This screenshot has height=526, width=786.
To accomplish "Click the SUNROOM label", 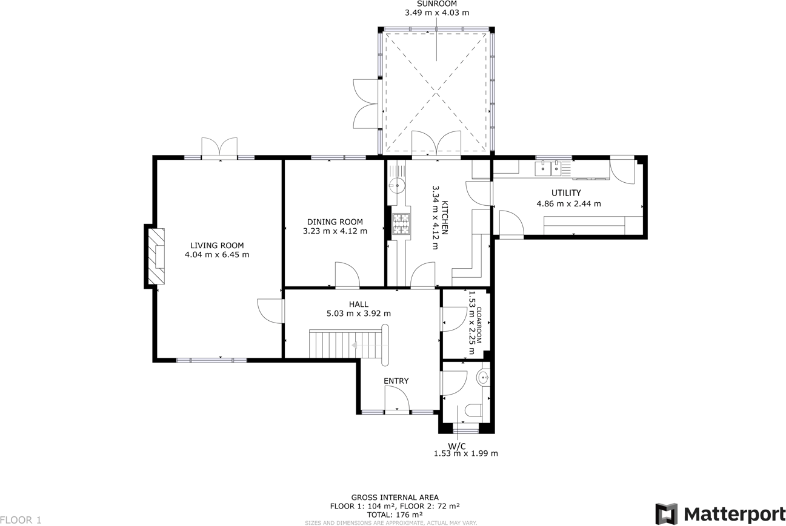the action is pos(437,4).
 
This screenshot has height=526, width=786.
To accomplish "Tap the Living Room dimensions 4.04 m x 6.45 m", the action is pos(217,255).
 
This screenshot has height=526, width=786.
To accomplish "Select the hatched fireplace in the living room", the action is pos(156,256).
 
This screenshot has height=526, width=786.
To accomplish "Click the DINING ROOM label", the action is pos(335,222).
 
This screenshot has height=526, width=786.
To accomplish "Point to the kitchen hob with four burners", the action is pos(401,223).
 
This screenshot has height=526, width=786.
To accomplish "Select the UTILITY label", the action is pos(566,192).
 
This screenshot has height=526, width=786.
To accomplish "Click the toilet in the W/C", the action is pos(473,410).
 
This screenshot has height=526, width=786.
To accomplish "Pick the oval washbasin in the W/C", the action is pos(483,378).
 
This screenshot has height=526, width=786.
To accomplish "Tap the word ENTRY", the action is pos(396,381).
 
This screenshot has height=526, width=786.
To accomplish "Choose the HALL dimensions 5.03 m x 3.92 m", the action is pos(359,314).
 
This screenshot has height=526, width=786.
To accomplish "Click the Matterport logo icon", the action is pos(667,514).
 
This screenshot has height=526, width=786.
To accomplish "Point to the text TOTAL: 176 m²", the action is pos(395,514).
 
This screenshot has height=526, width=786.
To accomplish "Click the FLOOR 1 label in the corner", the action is pos(21,520).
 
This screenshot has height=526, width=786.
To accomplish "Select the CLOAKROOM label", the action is pos(479,325).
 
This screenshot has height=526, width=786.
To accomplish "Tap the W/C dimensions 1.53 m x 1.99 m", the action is pos(466,453).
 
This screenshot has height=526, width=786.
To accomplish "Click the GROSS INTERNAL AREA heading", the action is pos(395,498).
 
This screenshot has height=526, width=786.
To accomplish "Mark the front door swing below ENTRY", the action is pos(397,398).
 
